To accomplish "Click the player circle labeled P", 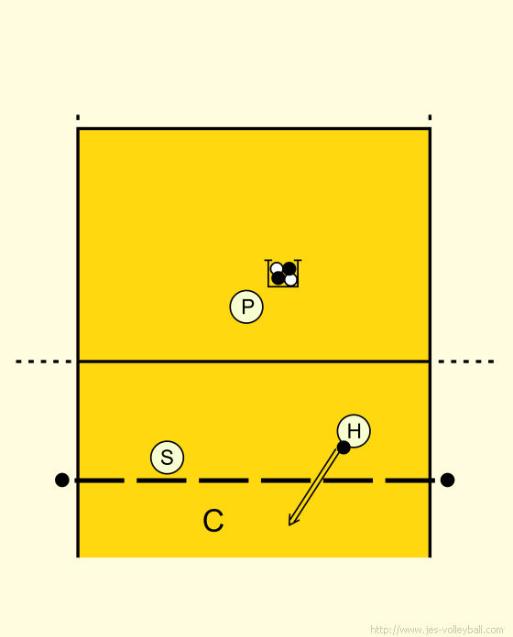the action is (246, 307).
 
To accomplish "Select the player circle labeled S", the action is (167, 458).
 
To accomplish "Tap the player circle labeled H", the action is (354, 431).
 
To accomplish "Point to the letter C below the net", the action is (213, 521).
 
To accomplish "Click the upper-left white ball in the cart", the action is (277, 268).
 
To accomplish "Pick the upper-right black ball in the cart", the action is (289, 268).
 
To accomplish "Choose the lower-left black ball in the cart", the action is (278, 278).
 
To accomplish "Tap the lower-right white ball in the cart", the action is (290, 280).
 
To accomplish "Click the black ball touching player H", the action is (344, 448).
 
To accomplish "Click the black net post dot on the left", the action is (61, 480).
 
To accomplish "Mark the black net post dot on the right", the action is (447, 480).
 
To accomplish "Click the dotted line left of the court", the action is (43, 362).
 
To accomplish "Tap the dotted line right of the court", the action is (466, 362).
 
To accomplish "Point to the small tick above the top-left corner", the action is (78, 117).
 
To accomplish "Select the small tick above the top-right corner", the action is (430, 117).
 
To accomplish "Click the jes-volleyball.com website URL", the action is (437, 630).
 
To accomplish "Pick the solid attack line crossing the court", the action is (254, 362).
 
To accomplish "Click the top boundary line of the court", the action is (254, 129).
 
